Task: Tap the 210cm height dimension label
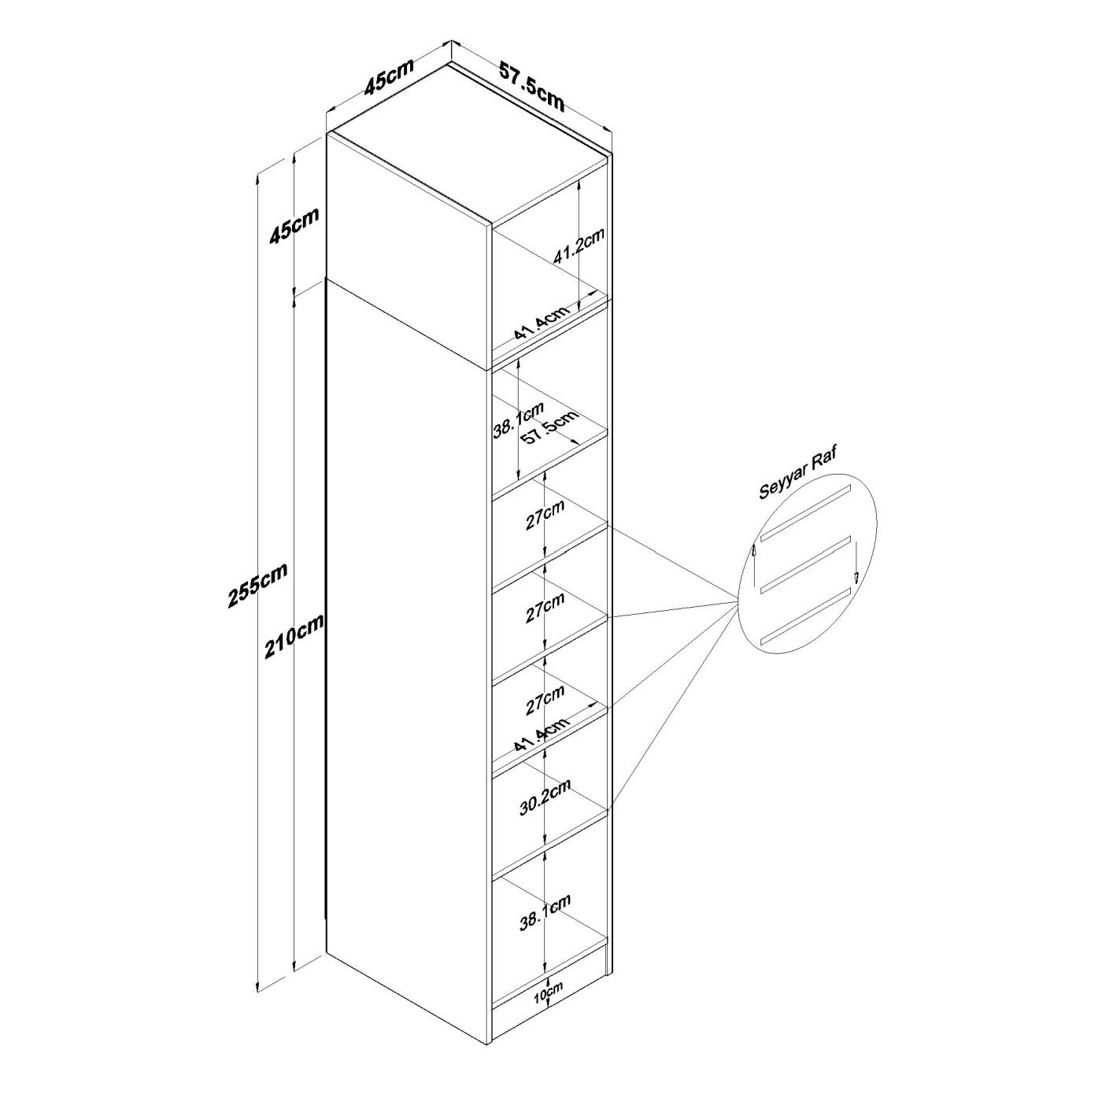pos(294,637)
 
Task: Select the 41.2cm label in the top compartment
pos(579,246)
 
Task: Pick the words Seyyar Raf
pos(797,474)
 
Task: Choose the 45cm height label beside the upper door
pos(294,225)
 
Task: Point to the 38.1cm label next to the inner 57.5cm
pos(518,420)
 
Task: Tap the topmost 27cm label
pos(545,516)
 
